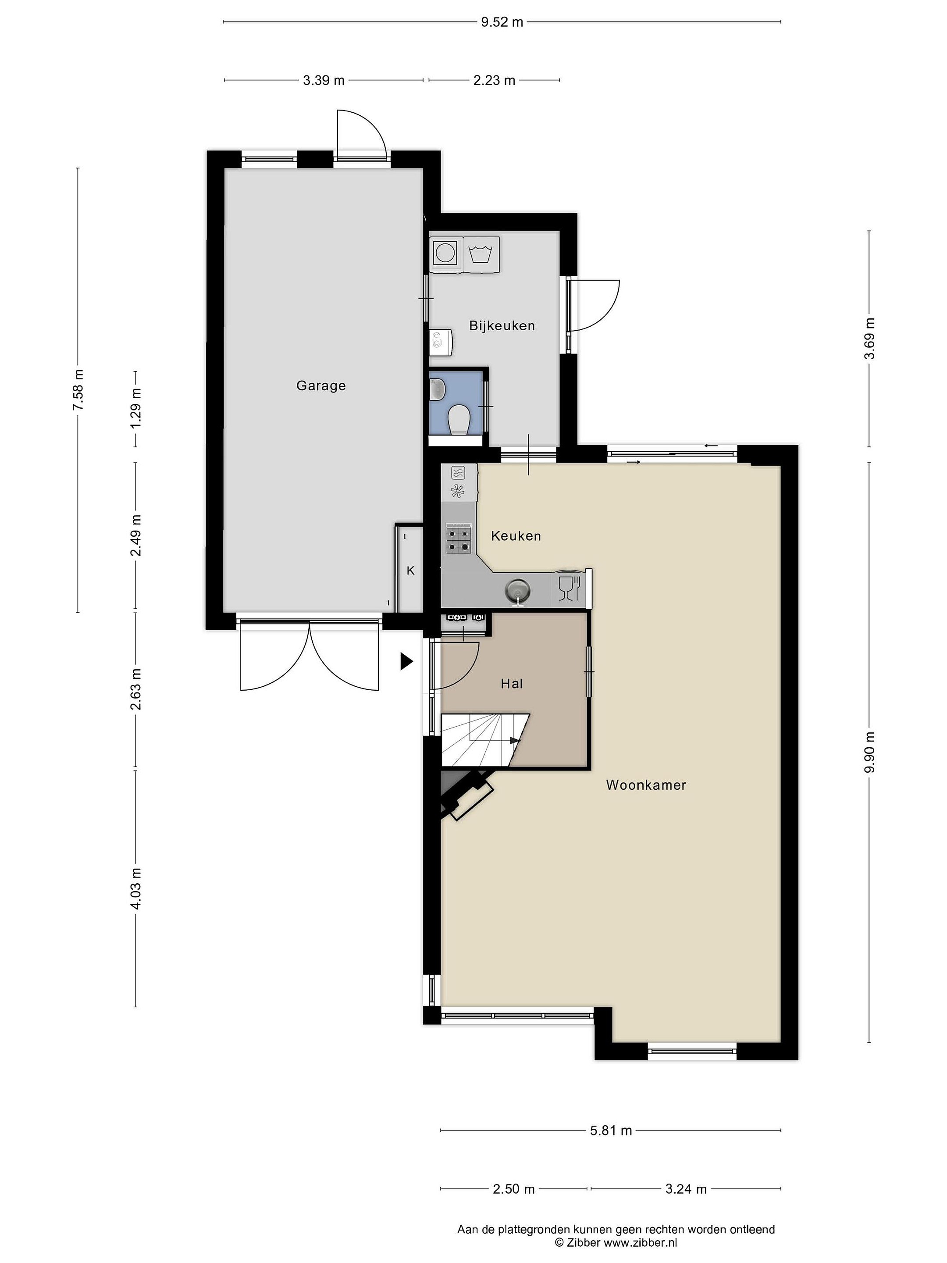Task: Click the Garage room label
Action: [321, 386]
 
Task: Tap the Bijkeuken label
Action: [502, 326]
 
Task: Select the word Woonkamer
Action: [646, 785]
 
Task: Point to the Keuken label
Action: [516, 535]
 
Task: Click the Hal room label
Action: [512, 683]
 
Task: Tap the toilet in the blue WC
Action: [458, 420]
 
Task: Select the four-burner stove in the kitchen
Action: [459, 539]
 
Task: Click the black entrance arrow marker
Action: [406, 661]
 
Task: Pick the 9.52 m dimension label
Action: [502, 22]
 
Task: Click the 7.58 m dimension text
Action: [77, 389]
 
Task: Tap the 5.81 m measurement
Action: [611, 1130]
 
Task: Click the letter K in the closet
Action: [410, 571]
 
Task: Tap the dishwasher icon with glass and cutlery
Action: [569, 588]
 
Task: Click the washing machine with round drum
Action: [446, 252]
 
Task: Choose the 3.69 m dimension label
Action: [869, 338]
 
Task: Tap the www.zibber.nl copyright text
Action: [616, 1242]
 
